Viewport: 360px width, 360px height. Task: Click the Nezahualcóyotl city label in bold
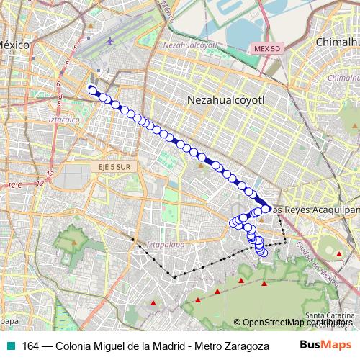click(226, 99)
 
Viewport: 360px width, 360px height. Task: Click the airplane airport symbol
click(110, 41)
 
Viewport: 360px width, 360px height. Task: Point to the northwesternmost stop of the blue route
click(91, 89)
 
